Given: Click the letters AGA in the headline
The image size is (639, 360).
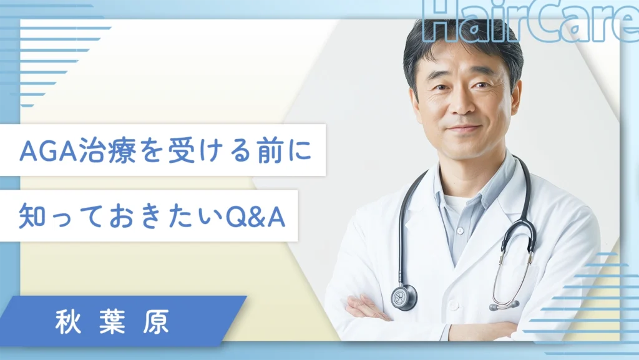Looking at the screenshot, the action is pyautogui.click(x=49, y=151).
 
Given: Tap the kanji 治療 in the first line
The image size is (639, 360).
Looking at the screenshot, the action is pyautogui.click(x=107, y=151).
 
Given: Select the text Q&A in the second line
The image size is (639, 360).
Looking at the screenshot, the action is pyautogui.click(x=255, y=217).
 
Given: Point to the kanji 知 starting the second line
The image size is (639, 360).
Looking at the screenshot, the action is pyautogui.click(x=32, y=216).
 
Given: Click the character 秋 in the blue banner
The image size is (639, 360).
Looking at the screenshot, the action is pyautogui.click(x=67, y=322).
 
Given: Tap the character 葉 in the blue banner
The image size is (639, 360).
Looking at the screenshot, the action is pyautogui.click(x=112, y=322).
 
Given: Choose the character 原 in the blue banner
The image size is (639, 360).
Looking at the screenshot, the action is pyautogui.click(x=156, y=322).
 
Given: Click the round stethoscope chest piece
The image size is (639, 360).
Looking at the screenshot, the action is pyautogui.click(x=404, y=297).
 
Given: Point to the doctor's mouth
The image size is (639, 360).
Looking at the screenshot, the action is pyautogui.click(x=463, y=129).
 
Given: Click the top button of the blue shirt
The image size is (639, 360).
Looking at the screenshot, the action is pyautogui.click(x=461, y=231).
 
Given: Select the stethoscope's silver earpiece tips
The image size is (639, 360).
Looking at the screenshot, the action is pyautogui.click(x=504, y=304).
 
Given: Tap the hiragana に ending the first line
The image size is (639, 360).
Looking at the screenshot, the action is pyautogui.click(x=300, y=151).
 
